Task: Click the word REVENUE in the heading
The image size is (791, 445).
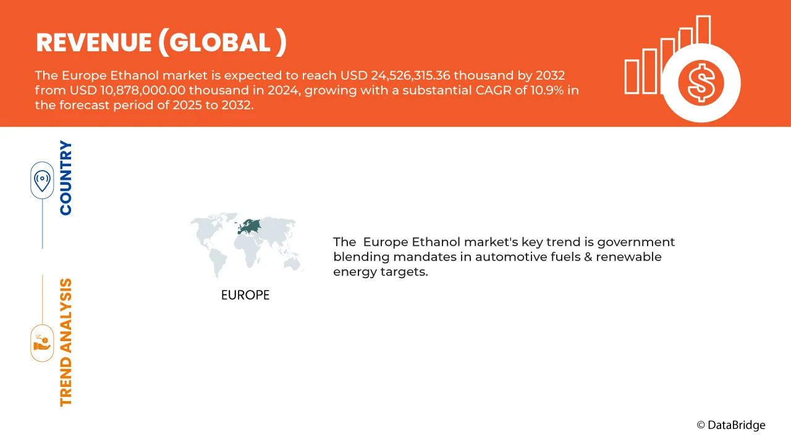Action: (x=93, y=43)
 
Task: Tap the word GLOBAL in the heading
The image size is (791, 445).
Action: (x=220, y=43)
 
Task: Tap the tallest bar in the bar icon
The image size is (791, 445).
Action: (x=703, y=31)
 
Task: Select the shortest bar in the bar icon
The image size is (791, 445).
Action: (x=631, y=77)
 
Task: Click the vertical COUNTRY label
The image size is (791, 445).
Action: (x=66, y=178)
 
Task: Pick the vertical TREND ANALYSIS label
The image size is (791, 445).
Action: (x=66, y=342)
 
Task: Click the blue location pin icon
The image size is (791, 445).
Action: (x=42, y=180)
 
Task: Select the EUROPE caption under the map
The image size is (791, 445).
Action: (x=245, y=295)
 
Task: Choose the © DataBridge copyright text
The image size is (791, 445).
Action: (x=730, y=425)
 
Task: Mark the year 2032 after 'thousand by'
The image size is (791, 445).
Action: (x=551, y=75)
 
